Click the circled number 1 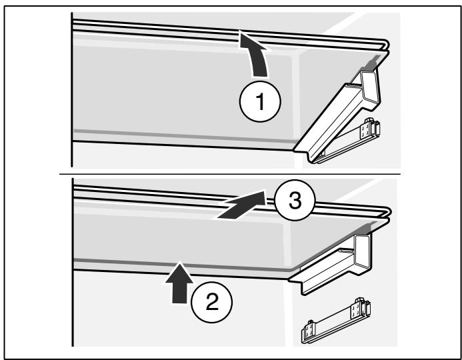click(260, 101)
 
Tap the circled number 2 click(212, 302)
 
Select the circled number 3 click(295, 200)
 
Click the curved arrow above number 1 click(256, 56)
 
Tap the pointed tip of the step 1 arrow click(240, 31)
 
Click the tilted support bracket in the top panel click(339, 117)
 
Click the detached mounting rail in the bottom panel click(336, 321)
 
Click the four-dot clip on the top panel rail click(365, 129)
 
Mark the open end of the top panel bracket click(371, 88)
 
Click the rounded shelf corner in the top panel click(386, 45)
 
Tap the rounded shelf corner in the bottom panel click(387, 213)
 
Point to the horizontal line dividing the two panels click(230, 174)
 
